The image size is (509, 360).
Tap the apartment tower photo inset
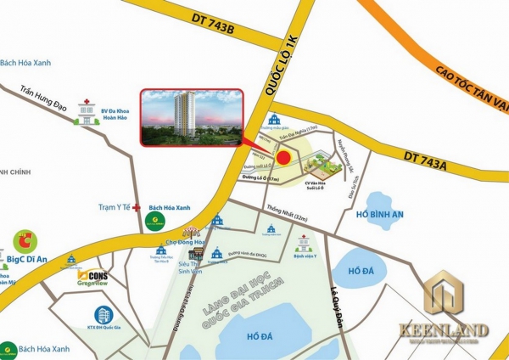[190, 117]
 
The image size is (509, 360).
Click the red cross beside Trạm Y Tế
[137, 206]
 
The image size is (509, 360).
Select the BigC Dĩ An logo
[23, 241]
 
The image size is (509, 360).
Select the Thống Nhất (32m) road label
[262, 205]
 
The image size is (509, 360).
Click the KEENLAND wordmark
[450, 328]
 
